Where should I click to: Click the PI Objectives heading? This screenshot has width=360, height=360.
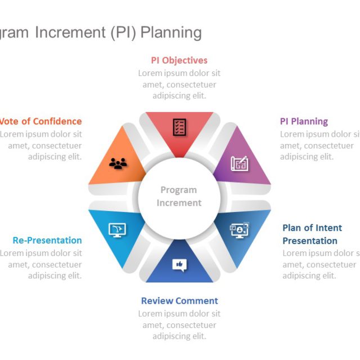click(x=179, y=60)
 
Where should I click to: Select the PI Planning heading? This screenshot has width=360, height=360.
click(x=304, y=121)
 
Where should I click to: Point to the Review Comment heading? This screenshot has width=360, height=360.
click(x=179, y=301)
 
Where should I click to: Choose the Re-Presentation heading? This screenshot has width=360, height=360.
click(x=47, y=240)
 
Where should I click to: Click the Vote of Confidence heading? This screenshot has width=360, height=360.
click(x=40, y=121)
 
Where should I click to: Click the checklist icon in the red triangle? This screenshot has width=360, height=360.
click(x=179, y=127)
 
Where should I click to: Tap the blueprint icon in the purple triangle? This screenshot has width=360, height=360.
click(x=239, y=164)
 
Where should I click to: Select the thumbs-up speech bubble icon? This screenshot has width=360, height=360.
click(x=179, y=264)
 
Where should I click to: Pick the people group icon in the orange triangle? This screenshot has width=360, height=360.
click(x=118, y=163)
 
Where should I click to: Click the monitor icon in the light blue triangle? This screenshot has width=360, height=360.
click(x=117, y=229)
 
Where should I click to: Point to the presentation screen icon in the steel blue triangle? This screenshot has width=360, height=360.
click(x=239, y=229)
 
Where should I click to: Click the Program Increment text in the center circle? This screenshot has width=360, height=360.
click(x=179, y=196)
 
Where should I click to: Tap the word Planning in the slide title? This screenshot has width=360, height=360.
click(x=171, y=33)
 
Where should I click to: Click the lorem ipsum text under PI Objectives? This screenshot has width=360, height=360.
click(x=179, y=84)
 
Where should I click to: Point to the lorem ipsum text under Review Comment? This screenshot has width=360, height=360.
click(x=179, y=325)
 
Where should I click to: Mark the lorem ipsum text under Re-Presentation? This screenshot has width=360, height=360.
click(x=42, y=264)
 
